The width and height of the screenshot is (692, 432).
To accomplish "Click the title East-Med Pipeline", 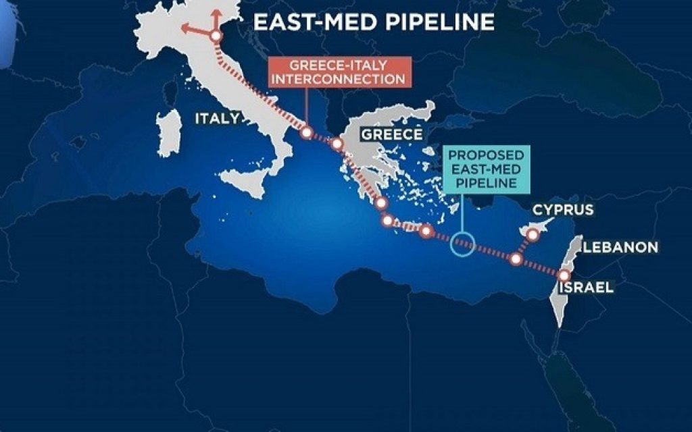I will click(x=374, y=22).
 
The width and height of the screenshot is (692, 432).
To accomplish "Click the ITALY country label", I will click(x=217, y=119).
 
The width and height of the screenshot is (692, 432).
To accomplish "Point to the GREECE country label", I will click(x=392, y=134).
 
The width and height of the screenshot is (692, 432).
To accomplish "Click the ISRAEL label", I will click(x=585, y=288).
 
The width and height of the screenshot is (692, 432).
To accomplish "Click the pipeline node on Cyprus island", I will click(x=533, y=234).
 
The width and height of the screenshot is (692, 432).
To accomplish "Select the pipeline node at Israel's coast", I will click(x=564, y=275).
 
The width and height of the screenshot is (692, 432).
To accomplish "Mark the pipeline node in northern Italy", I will click(x=216, y=37).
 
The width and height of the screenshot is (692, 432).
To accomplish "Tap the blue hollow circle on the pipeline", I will click(x=462, y=245).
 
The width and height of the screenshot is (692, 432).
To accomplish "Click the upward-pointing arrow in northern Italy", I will click(x=216, y=15).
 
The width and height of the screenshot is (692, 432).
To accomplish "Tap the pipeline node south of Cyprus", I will click(x=516, y=259).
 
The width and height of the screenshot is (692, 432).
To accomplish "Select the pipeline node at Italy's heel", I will click(x=306, y=133).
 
